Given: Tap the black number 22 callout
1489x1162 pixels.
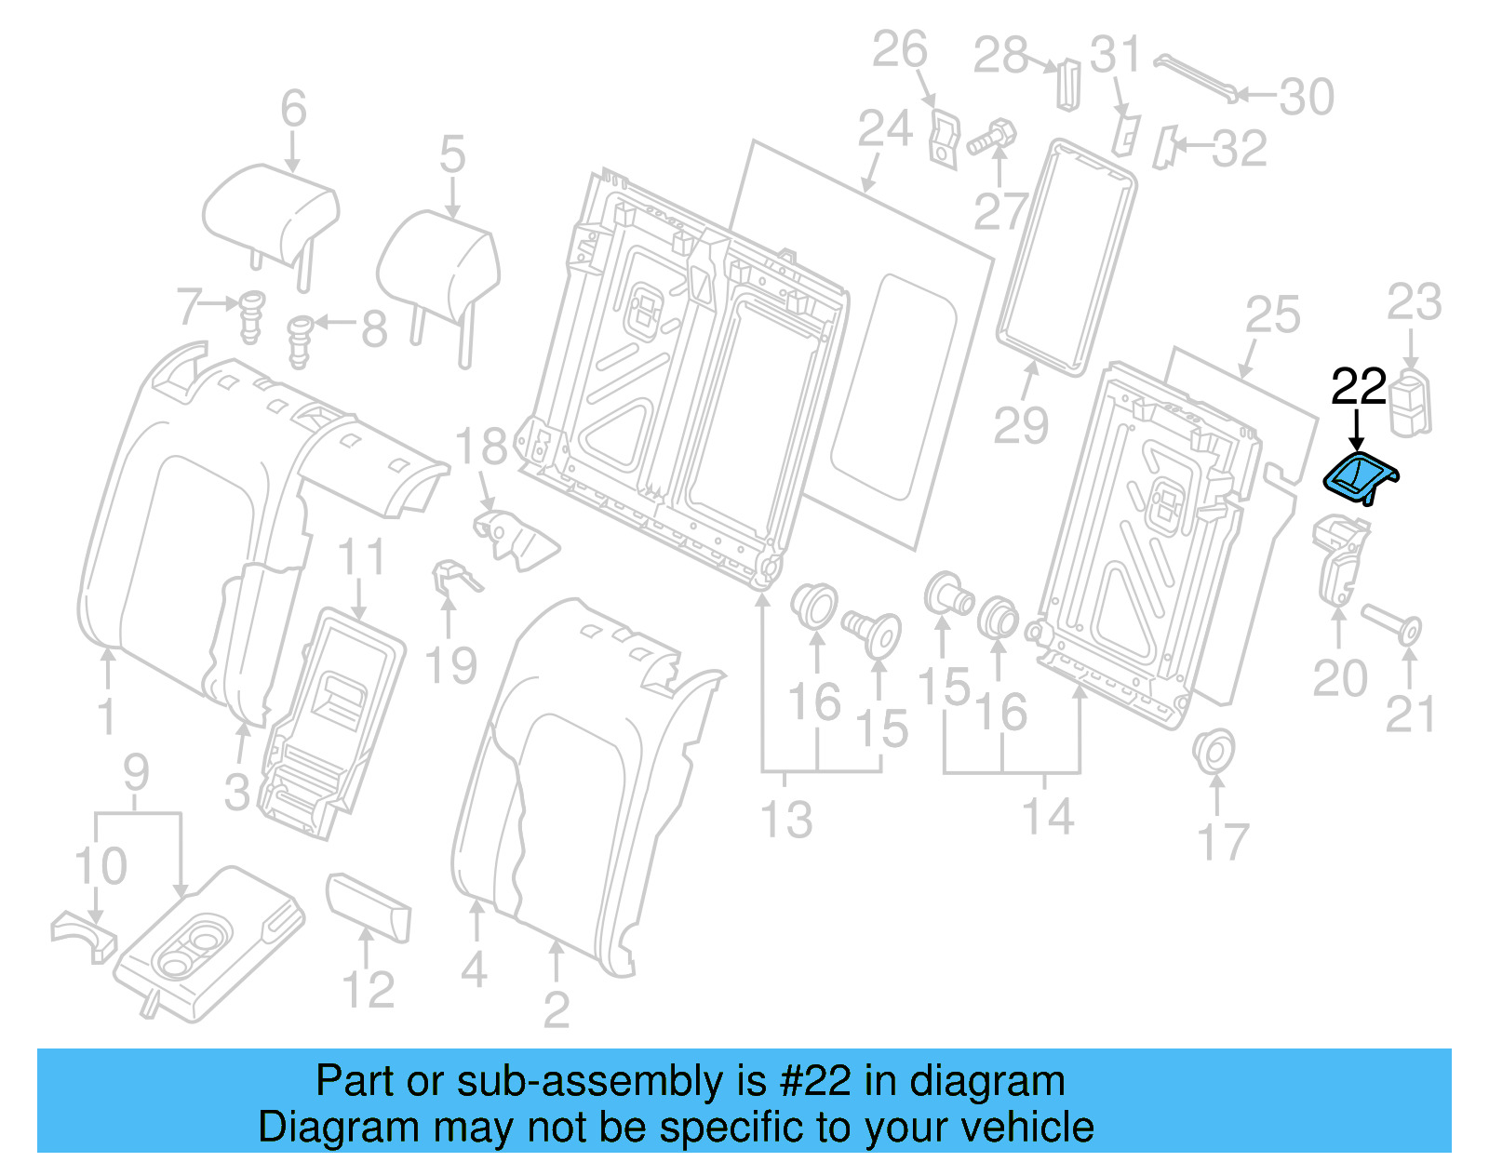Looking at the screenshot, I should click(x=1358, y=387).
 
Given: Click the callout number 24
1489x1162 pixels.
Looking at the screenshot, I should click(x=884, y=129).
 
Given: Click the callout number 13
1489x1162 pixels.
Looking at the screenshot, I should click(x=786, y=820).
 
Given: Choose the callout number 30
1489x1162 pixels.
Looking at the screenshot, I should click(x=1306, y=97).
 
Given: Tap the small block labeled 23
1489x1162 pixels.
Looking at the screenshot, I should click(x=1411, y=400).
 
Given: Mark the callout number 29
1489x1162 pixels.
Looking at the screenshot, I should click(x=1021, y=425).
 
